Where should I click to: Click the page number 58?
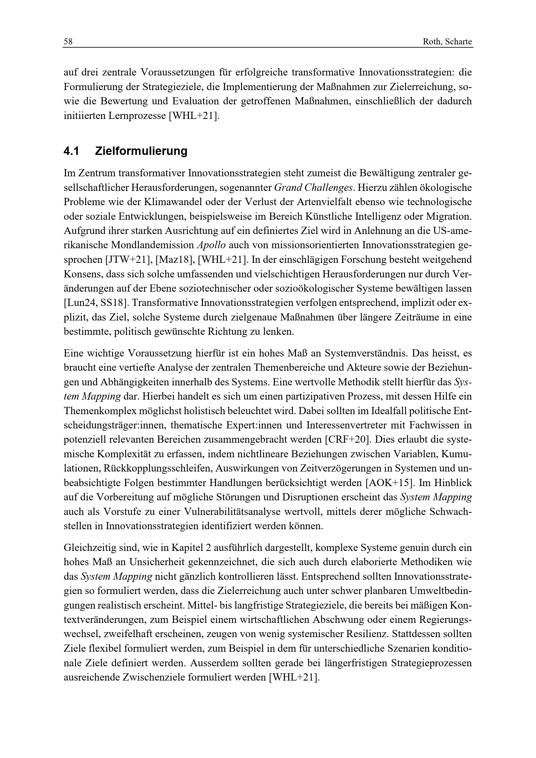click(68, 41)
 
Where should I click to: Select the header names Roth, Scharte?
click(447, 42)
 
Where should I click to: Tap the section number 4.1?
click(71, 151)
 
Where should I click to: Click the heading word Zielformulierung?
click(141, 151)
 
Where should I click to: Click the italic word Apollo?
click(211, 245)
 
